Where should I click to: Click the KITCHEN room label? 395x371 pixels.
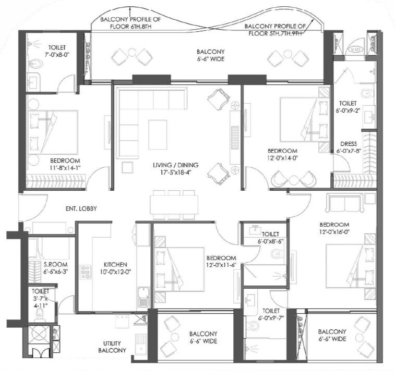[115, 264]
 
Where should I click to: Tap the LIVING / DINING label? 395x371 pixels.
[175, 165]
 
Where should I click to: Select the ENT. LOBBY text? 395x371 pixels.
[81, 208]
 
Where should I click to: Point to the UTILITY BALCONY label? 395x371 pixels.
[112, 347]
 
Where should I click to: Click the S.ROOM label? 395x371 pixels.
[55, 264]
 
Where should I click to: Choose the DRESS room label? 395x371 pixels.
[349, 144]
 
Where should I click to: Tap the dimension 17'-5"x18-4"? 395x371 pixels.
[175, 172]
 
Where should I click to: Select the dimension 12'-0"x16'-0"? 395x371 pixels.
[334, 232]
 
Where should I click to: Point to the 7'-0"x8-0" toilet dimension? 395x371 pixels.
[57, 55]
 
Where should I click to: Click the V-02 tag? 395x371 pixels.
[355, 50]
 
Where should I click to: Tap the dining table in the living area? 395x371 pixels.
[174, 205]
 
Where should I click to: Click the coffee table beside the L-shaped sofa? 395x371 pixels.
[158, 134]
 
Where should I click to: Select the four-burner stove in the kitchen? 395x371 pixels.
[86, 272]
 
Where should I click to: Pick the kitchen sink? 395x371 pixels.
[143, 299]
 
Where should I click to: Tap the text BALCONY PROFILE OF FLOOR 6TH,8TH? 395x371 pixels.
[130, 22]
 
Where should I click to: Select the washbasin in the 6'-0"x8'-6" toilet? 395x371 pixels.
[256, 230]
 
